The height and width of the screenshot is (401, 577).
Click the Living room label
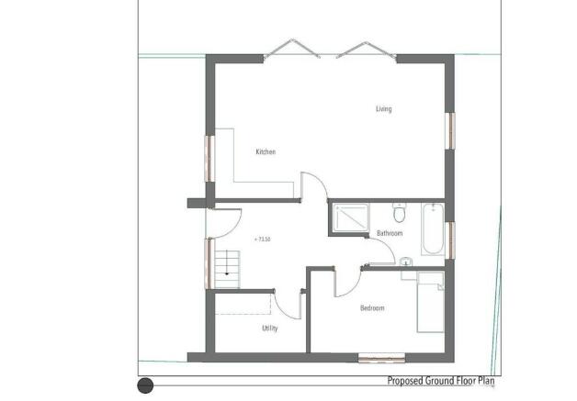(384, 109)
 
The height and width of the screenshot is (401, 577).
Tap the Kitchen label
(266, 151)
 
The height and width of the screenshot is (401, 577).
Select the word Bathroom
(390, 233)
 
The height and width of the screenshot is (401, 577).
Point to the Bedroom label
(372, 308)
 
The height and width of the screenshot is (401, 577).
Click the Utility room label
(270, 329)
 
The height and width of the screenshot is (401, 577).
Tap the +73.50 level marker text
(263, 239)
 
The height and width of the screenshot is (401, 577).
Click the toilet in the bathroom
(400, 213)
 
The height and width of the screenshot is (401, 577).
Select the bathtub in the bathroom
(433, 228)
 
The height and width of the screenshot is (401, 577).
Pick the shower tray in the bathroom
(351, 218)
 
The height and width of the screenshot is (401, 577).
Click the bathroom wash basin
(406, 262)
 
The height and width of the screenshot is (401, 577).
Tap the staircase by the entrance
(227, 270)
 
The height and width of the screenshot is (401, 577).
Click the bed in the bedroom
(430, 302)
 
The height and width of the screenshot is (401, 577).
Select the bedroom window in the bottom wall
(381, 358)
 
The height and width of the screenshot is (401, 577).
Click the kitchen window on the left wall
(209, 159)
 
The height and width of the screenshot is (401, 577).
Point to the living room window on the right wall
(450, 131)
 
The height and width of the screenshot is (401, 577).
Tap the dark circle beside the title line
(145, 385)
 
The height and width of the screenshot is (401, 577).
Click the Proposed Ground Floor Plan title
(441, 381)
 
